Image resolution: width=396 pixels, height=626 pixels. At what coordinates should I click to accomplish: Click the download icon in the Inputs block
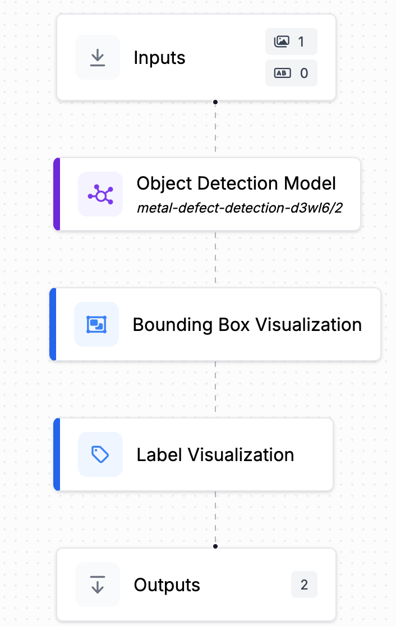tap(98, 57)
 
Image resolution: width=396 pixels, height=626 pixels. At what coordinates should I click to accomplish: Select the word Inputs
tap(159, 57)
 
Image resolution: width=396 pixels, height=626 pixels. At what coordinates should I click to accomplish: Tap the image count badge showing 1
tap(291, 42)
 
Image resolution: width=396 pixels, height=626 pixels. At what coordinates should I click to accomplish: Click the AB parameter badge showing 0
tap(291, 73)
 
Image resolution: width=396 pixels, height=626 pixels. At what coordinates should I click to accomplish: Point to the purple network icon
tap(100, 194)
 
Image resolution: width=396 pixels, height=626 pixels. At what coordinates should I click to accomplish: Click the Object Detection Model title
tap(236, 183)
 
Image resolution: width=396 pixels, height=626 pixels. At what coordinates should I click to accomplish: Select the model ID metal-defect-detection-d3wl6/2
tap(240, 209)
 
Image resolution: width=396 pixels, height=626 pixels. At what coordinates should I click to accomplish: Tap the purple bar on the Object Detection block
tap(56, 194)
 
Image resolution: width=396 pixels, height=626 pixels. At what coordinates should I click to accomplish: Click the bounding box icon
tap(96, 324)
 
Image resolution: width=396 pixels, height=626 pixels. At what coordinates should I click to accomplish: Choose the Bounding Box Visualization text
tap(247, 324)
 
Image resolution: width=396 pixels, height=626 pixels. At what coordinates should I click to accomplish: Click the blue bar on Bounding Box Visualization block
tap(53, 324)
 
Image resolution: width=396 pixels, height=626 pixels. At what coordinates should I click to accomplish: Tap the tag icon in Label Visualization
tap(100, 454)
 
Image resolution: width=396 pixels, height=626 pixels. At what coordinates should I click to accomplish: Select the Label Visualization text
tap(215, 454)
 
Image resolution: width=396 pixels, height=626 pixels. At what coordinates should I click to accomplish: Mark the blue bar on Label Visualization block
tap(56, 454)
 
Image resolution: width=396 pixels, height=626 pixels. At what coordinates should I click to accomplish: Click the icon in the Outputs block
tap(98, 585)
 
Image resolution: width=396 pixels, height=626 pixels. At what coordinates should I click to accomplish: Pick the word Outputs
tap(167, 585)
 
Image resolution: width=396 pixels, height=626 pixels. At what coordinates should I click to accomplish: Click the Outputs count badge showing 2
tap(304, 585)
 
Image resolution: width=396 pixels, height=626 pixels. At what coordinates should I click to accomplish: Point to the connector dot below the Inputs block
tap(215, 102)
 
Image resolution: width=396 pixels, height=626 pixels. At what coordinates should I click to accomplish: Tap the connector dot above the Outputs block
tap(215, 546)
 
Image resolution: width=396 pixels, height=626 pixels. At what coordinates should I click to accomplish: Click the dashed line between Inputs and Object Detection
tap(215, 129)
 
